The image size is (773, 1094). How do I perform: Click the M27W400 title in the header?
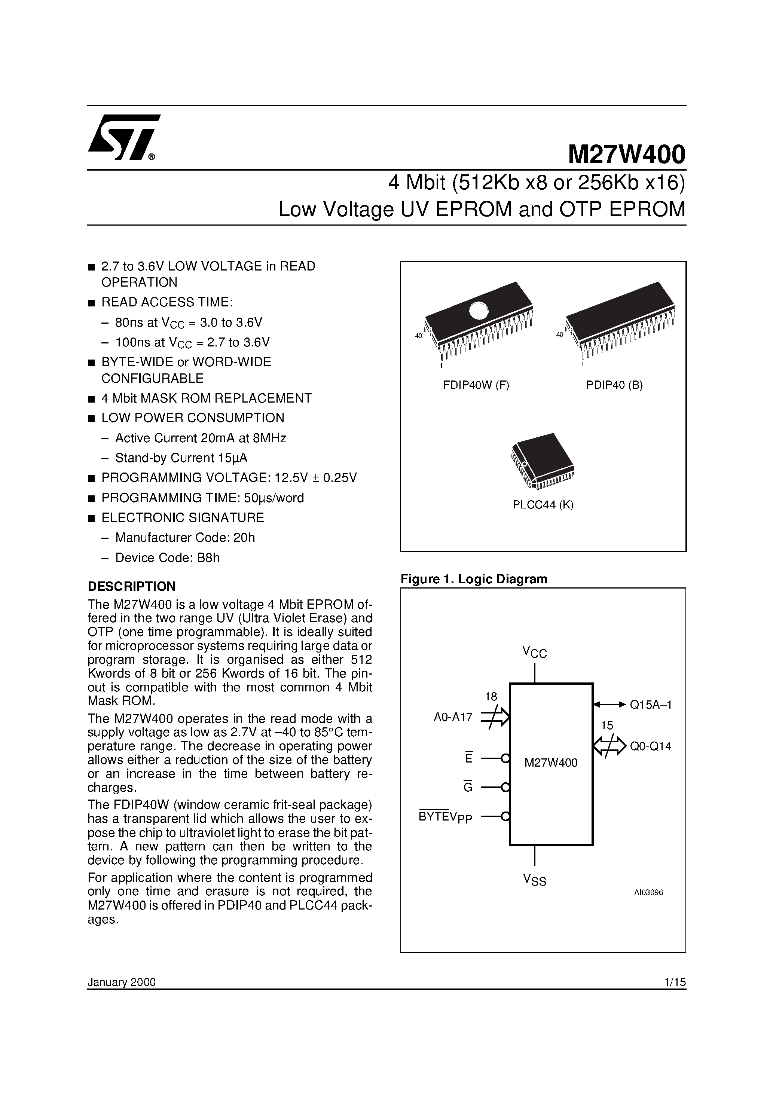[626, 155]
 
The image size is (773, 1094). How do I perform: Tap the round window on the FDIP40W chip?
[478, 311]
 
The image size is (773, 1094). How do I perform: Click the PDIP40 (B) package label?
[614, 385]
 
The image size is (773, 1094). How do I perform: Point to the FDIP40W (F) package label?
[476, 385]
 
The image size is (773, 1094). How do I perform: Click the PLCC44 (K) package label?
[543, 505]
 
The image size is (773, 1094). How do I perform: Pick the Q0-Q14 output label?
[651, 746]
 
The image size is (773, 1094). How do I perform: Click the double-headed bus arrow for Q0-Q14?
[609, 746]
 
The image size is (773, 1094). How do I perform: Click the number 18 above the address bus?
[491, 697]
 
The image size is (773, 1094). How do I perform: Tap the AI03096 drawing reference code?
[648, 892]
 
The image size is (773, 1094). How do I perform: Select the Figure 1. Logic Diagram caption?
[474, 579]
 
